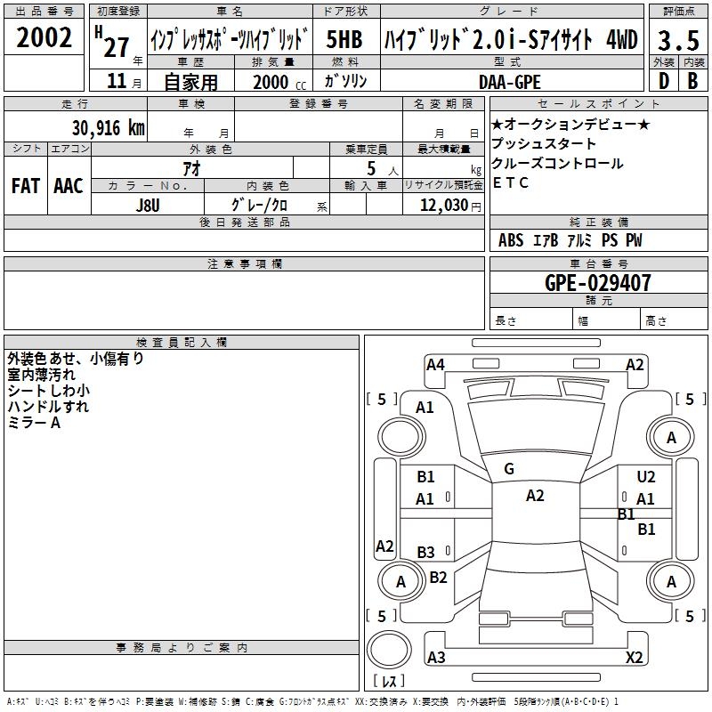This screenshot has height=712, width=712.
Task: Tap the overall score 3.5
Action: tap(677, 40)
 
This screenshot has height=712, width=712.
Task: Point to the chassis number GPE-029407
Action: tap(598, 284)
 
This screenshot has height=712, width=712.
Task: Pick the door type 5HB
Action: tap(344, 40)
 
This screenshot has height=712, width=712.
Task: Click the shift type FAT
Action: tap(25, 186)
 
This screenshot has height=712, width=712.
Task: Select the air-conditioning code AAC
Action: tap(68, 186)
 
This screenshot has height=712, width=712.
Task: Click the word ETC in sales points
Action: tap(511, 183)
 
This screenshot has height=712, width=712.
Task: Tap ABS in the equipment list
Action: tap(510, 240)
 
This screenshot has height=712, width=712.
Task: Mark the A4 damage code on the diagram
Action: tap(435, 364)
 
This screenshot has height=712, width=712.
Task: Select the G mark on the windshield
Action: tap(508, 469)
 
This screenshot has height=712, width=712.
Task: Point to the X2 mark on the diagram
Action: tap(635, 658)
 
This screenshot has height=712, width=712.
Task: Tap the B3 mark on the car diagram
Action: tap(425, 552)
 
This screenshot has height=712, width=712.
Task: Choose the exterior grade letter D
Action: tap(662, 81)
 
